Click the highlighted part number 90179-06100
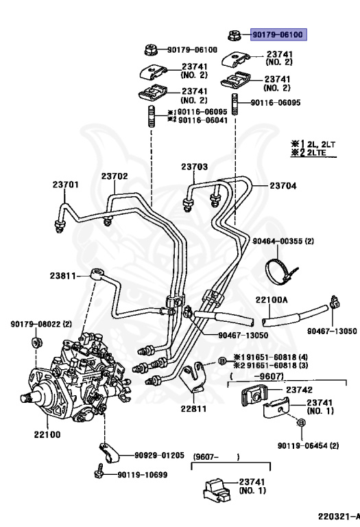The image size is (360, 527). tap(279, 34)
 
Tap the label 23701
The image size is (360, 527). tap(66, 184)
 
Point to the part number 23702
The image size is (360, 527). tap(115, 176)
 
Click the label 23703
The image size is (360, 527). tap(194, 167)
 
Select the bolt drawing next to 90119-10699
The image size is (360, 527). tap(100, 473)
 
